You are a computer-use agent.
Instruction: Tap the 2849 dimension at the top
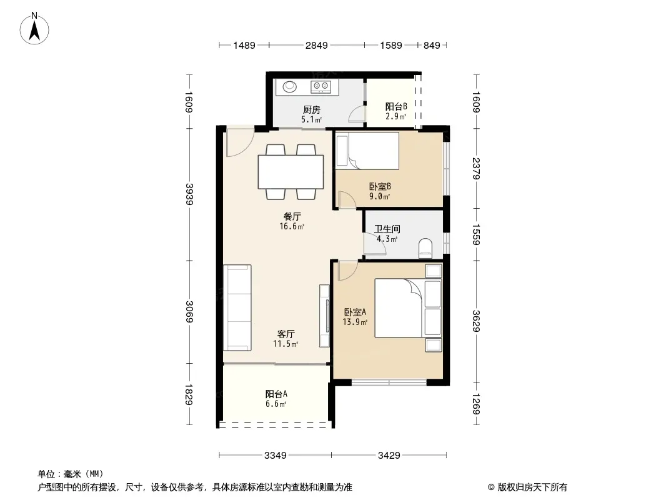tap(316, 45)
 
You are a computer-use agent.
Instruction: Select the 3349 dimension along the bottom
tap(276, 456)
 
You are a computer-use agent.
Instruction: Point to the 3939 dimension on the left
tap(189, 194)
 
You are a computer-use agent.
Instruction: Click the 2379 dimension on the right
tap(476, 169)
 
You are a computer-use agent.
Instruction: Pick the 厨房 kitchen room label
tap(311, 109)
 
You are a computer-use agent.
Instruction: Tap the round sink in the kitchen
tap(290, 87)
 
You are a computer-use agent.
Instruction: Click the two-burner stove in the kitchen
tap(321, 87)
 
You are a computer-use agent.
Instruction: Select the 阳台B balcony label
tap(396, 106)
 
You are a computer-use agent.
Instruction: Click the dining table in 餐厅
tap(291, 172)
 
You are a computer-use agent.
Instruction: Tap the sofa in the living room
tap(237, 307)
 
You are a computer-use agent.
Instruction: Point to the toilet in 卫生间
tap(425, 249)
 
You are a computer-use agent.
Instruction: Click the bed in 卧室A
tap(408, 308)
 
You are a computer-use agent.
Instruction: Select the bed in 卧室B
tap(367, 151)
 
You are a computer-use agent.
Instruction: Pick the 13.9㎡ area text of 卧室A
tap(355, 322)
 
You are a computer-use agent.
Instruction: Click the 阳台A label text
tap(276, 394)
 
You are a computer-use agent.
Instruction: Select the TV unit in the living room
tap(324, 315)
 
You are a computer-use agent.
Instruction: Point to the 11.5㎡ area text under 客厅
tap(286, 344)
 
